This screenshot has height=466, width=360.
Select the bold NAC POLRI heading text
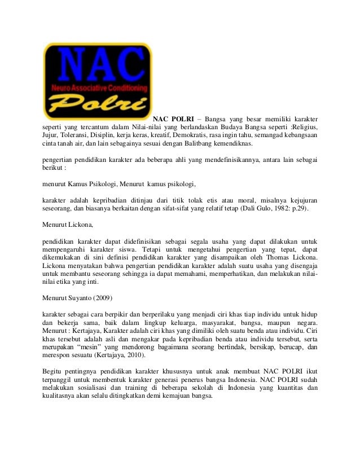(174, 120)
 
